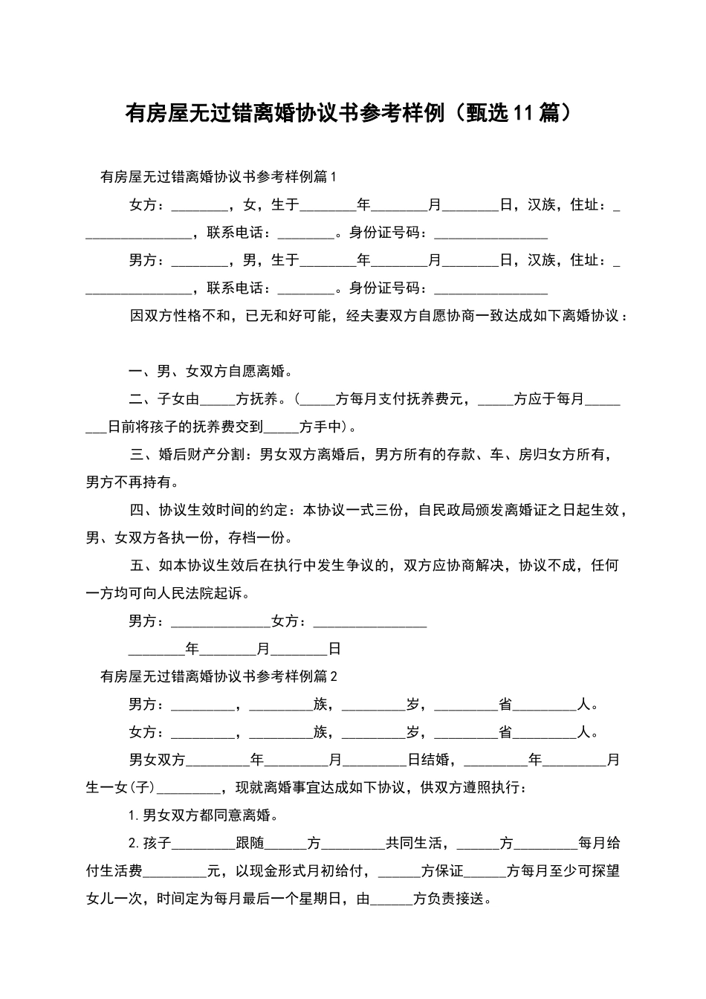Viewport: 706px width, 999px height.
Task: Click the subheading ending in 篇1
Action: click(218, 177)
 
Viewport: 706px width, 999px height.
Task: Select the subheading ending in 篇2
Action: click(218, 676)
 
